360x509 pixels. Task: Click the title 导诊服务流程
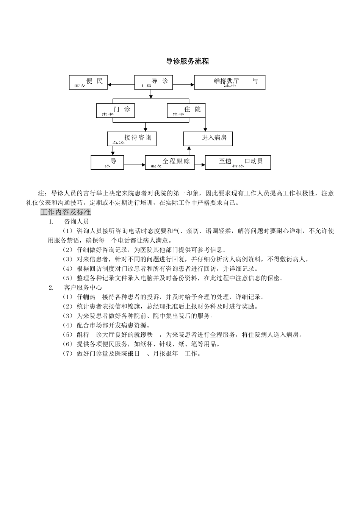[188, 61]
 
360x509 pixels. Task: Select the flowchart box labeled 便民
[88, 82]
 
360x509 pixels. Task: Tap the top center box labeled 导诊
[153, 82]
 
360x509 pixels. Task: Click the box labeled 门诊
[116, 110]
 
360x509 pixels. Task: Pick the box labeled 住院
[186, 110]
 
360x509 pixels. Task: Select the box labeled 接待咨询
[131, 139]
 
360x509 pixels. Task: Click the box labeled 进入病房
[208, 139]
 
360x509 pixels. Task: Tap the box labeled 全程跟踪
[170, 162]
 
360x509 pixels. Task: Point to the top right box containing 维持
[229, 82]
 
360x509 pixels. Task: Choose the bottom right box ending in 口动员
[238, 162]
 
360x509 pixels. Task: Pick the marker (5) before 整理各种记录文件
[67, 278]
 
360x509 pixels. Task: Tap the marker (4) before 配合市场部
[67, 325]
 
